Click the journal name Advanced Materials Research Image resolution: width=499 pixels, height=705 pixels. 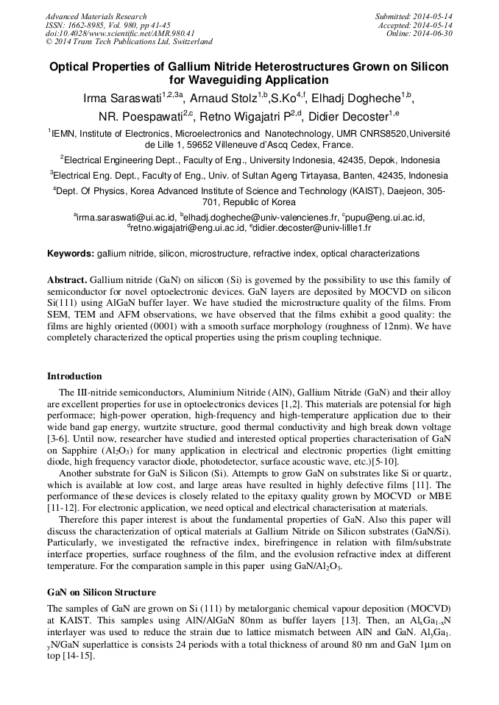[96, 16]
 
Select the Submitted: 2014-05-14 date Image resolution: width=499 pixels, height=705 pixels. [414, 16]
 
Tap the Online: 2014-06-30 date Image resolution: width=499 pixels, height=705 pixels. [420, 34]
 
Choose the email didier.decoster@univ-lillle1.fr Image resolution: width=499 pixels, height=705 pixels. [312, 228]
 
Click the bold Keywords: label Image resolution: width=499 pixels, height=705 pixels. [71, 254]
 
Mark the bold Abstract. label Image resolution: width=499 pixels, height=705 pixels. [67, 281]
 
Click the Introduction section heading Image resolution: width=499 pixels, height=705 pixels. [74, 376]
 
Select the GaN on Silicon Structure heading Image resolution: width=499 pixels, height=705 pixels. [101, 593]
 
